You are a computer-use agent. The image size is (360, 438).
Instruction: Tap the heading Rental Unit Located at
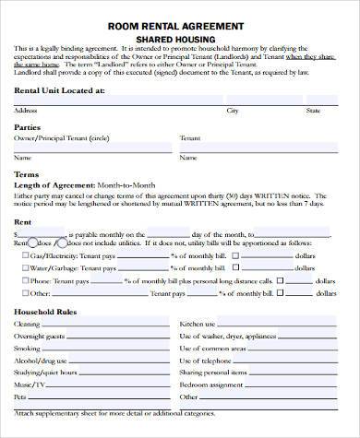pos(59,92)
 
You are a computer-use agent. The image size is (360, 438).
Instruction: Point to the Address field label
pos(26,111)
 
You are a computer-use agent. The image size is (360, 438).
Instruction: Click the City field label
pos(233,111)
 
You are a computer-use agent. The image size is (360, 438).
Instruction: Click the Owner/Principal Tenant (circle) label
pos(56,137)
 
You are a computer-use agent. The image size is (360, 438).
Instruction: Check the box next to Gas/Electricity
pos(24,254)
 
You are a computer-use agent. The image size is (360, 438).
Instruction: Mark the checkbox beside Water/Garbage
pos(24,266)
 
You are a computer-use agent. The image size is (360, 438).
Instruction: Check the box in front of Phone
pos(24,279)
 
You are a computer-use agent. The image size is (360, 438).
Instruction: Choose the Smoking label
pos(28,349)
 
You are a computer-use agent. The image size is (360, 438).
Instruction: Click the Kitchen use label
pos(198,325)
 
